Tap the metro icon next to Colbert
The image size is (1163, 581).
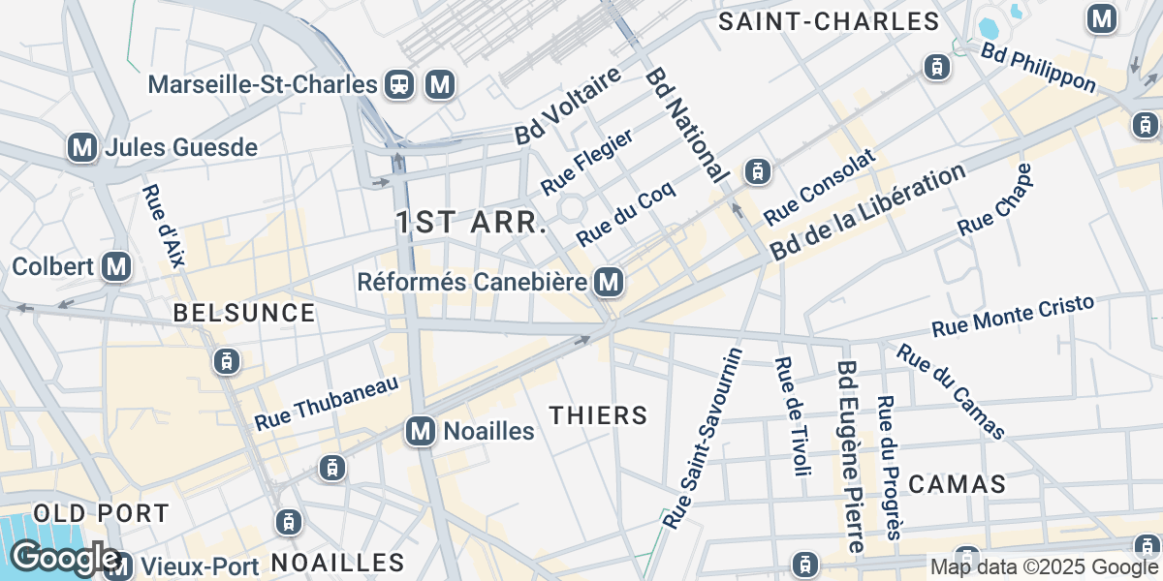(x=117, y=266)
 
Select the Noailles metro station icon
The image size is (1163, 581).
(x=421, y=431)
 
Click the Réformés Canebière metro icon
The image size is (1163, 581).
(x=609, y=282)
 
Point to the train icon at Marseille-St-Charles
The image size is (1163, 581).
(x=398, y=84)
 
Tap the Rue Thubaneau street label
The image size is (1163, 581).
(x=327, y=405)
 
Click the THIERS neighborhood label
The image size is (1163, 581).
(x=598, y=415)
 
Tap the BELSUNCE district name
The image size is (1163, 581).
(x=243, y=313)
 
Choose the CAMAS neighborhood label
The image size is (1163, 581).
(x=958, y=484)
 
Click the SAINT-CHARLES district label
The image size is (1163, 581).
(x=829, y=21)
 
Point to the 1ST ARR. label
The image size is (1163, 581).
(x=472, y=223)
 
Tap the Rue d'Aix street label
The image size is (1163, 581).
(x=163, y=225)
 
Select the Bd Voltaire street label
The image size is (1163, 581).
(x=567, y=107)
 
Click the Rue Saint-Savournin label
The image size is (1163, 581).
(x=703, y=439)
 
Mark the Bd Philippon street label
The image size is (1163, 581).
(x=1038, y=67)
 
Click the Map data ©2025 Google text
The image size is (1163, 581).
(x=1044, y=567)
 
